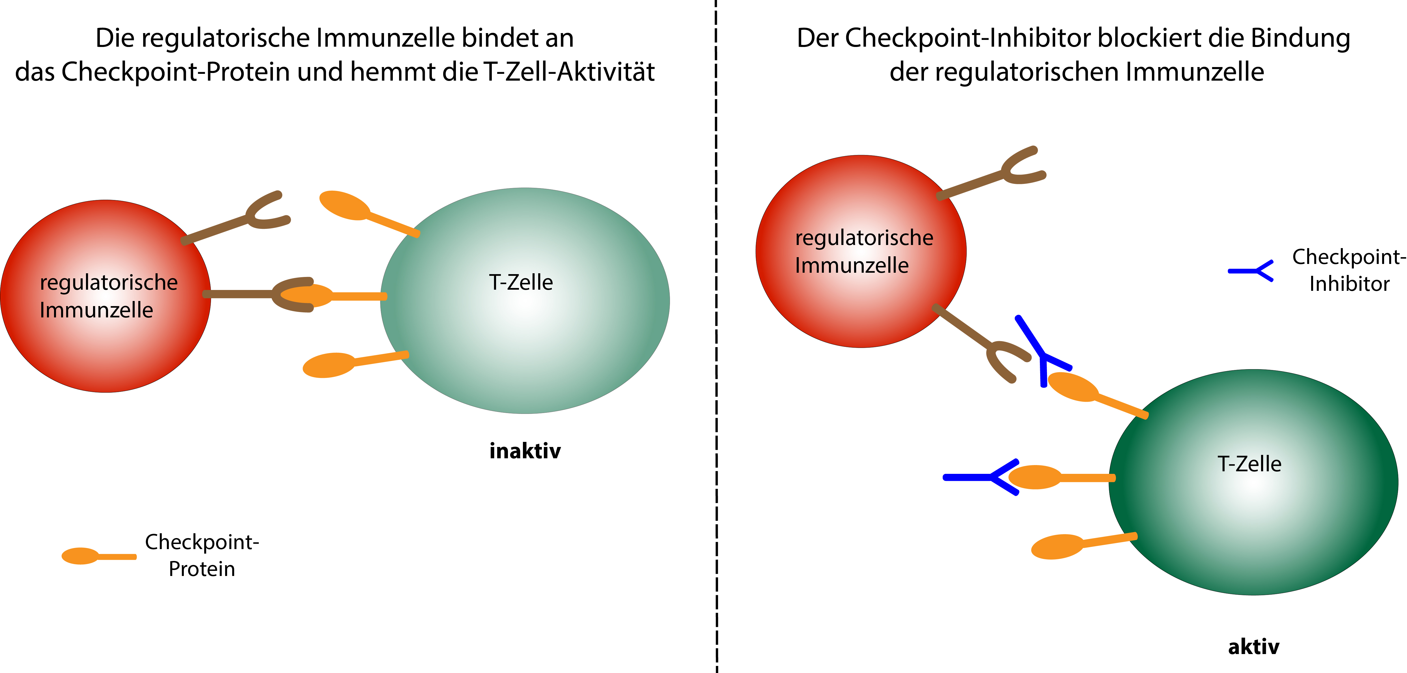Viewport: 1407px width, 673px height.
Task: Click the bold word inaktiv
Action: click(x=525, y=451)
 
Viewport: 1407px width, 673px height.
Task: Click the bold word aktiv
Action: click(x=1253, y=647)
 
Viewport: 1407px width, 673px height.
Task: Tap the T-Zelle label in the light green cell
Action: click(x=521, y=282)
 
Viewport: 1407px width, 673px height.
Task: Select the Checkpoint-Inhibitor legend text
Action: click(x=1348, y=270)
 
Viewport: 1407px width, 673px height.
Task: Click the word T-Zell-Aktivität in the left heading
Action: click(x=568, y=72)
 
